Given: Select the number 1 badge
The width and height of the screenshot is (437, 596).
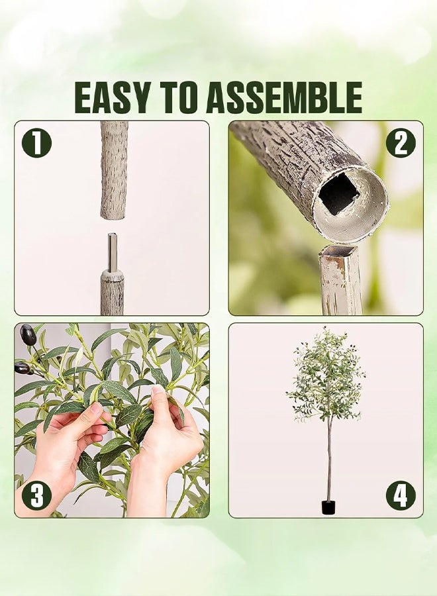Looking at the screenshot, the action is click(36, 143).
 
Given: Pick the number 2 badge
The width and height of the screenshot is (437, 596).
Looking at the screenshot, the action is click(401, 143).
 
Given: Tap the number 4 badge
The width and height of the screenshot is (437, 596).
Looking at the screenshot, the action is click(401, 495).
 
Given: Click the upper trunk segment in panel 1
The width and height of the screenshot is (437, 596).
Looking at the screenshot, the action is click(114, 170).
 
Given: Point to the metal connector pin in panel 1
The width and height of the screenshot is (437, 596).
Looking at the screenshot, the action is click(113, 252).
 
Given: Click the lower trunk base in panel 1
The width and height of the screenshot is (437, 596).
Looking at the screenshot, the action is click(112, 292).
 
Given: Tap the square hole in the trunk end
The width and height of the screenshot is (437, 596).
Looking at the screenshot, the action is click(338, 193).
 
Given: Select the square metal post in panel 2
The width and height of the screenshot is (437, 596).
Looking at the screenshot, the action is click(340, 279).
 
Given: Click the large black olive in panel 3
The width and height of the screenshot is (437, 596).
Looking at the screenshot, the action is click(28, 334).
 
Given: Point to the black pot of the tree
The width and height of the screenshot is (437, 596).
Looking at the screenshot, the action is click(328, 507).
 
